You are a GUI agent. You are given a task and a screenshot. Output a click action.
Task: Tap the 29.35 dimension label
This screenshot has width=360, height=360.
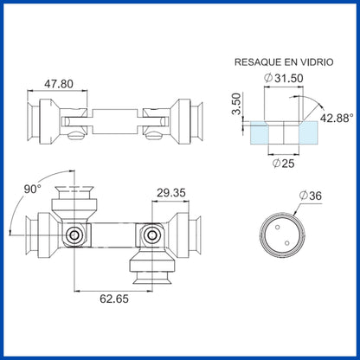pos(171,192)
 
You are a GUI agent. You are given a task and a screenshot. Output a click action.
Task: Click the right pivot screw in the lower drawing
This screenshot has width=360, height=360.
pos(153,234)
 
